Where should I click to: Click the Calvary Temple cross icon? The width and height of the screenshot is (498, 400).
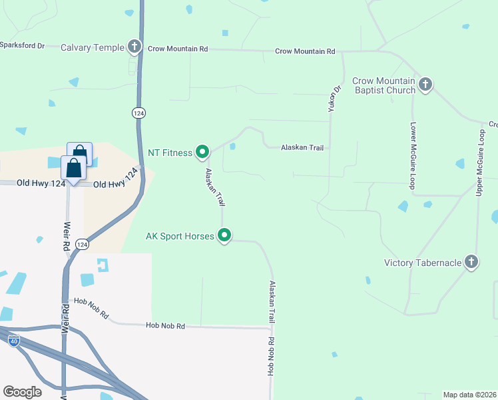[135, 47]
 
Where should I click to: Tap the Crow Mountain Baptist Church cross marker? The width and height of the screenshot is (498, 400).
[426, 85]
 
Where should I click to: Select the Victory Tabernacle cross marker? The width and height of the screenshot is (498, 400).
[471, 262]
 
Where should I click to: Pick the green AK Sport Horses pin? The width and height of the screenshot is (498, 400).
[225, 235]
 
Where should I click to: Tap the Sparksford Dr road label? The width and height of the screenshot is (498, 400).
[22, 45]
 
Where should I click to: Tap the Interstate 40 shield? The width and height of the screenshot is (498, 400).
[14, 341]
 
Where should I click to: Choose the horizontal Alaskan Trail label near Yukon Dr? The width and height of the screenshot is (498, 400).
[302, 147]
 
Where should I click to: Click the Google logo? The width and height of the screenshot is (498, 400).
[22, 392]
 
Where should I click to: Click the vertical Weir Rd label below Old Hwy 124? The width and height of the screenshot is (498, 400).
[67, 236]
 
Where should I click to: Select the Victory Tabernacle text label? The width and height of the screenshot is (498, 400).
[423, 263]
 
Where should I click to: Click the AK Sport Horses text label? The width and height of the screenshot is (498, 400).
[180, 236]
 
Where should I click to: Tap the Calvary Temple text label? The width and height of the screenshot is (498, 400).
[92, 47]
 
